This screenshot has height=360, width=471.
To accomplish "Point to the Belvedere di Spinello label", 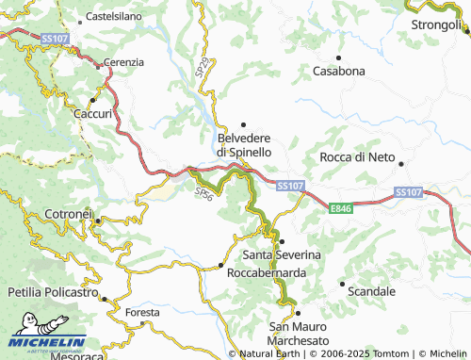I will [245, 144].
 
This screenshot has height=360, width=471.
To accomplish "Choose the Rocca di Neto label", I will [361, 156].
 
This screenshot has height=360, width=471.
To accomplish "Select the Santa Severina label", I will [282, 255].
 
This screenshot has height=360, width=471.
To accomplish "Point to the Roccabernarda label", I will [266, 271].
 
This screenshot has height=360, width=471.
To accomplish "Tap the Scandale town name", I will [371, 291].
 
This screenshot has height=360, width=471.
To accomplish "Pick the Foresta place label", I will [142, 311].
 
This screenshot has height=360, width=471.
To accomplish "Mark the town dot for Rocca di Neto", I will [401, 163].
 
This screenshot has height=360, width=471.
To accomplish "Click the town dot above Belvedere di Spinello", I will [244, 124].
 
